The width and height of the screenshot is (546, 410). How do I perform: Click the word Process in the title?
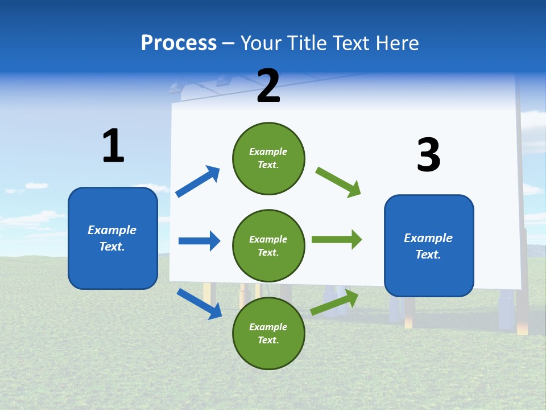point(179,43)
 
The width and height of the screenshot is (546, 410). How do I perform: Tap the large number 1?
point(113,146)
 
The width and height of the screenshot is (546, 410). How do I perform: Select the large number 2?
point(268,86)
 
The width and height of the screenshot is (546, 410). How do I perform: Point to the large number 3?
point(429,155)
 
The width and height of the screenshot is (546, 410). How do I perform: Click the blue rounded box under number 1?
point(113,238)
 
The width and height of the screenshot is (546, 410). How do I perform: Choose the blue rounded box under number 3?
point(429,245)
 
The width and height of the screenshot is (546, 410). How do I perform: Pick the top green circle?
point(268,158)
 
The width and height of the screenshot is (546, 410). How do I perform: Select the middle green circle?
point(268,245)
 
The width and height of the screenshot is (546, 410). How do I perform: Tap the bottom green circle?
point(268,333)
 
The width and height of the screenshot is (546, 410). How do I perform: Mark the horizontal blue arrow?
point(199,241)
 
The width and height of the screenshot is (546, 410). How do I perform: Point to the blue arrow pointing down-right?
point(199,304)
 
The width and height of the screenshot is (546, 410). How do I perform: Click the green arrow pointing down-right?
point(338,182)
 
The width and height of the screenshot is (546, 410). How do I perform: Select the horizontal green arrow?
point(337,239)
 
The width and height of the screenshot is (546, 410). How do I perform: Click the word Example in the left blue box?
point(112,230)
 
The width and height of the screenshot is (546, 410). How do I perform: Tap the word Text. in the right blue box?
point(428,255)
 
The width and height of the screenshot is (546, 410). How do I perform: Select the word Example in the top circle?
point(268,151)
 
